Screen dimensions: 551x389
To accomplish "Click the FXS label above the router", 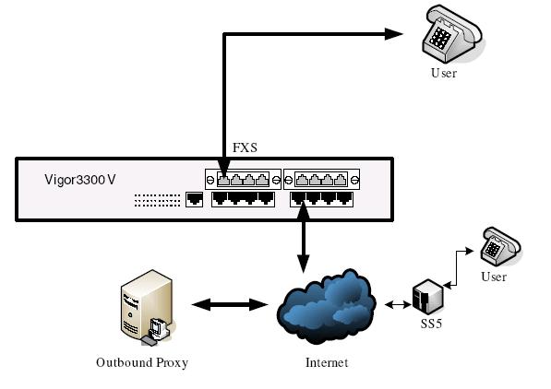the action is click(245, 147).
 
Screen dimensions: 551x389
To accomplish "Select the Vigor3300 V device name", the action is click(80, 180).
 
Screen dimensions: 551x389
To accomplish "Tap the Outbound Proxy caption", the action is click(142, 362).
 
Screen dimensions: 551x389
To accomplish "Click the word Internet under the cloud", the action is click(327, 362).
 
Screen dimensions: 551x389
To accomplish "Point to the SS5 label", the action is click(431, 324).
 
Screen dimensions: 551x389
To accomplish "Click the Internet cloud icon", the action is click(327, 306).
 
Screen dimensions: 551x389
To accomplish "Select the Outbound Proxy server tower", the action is click(148, 307).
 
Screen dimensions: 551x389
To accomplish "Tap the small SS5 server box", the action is click(427, 297).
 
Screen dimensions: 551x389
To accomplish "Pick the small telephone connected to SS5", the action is click(500, 246).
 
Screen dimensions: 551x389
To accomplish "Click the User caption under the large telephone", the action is click(444, 73).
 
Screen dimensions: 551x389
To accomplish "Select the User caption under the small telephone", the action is click(494, 277).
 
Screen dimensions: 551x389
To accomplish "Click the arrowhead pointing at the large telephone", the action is click(393, 34).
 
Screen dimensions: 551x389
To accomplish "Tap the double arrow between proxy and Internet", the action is click(230, 305).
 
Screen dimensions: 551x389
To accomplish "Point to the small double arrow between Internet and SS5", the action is click(398, 305).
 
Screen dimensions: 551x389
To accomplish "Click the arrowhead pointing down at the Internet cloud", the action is click(304, 264).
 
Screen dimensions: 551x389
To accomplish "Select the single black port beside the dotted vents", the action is click(194, 199).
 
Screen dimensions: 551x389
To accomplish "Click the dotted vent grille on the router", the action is click(157, 200).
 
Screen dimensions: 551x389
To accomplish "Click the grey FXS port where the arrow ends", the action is click(223, 180).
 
